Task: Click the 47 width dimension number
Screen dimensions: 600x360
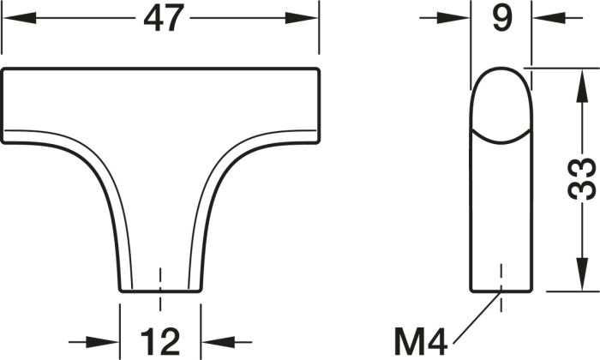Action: pyautogui.click(x=161, y=18)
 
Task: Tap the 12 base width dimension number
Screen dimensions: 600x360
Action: pyautogui.click(x=160, y=342)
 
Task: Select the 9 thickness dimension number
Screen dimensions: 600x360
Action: pyautogui.click(x=502, y=18)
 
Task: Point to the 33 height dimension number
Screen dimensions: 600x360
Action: pyautogui.click(x=582, y=179)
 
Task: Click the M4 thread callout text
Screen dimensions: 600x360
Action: pyautogui.click(x=421, y=342)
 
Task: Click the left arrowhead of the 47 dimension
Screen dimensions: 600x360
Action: pyautogui.click(x=19, y=18)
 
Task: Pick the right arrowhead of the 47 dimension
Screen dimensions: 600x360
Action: pyautogui.click(x=302, y=18)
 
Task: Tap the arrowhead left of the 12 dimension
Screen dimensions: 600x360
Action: pyautogui.click(x=103, y=342)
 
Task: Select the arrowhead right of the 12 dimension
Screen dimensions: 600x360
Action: pyautogui.click(x=218, y=342)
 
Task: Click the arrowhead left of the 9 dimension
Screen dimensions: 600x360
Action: pyautogui.click(x=453, y=18)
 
